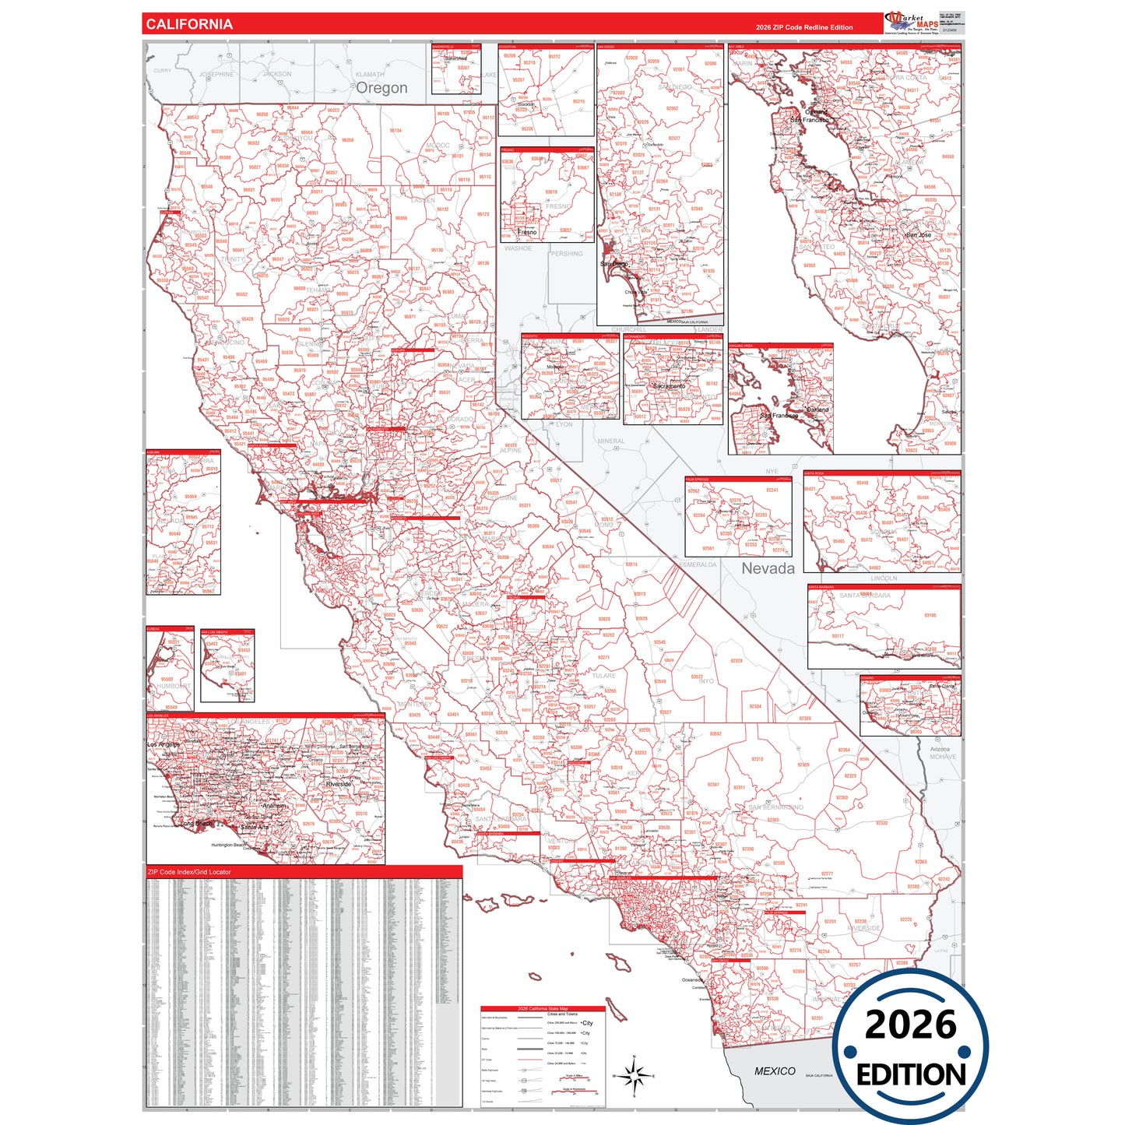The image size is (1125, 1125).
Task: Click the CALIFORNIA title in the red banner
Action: click(x=189, y=24)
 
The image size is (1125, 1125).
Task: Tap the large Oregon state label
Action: click(x=381, y=88)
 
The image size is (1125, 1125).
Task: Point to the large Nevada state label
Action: click(x=768, y=569)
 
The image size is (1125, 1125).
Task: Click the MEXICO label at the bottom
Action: click(x=775, y=1071)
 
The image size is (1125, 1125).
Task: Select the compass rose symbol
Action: click(x=635, y=1077)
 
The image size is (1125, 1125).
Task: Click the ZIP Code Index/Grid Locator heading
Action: click(x=189, y=872)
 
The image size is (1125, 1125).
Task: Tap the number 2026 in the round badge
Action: click(x=910, y=1025)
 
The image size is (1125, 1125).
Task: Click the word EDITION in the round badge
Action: click(x=911, y=1075)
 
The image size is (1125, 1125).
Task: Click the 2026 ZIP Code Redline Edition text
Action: click(x=803, y=27)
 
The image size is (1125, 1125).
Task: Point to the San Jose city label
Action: click(x=918, y=235)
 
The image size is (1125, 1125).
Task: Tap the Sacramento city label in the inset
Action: click(x=669, y=386)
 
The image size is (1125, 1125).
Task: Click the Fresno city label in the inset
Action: click(x=527, y=232)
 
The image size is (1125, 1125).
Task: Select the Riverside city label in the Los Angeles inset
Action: click(x=338, y=784)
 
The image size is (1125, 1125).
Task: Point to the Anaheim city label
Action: click(x=273, y=806)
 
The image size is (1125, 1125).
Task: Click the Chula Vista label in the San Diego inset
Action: click(x=635, y=292)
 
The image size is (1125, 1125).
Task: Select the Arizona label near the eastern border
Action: click(x=940, y=749)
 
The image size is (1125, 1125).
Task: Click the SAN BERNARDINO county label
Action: click(x=775, y=807)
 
